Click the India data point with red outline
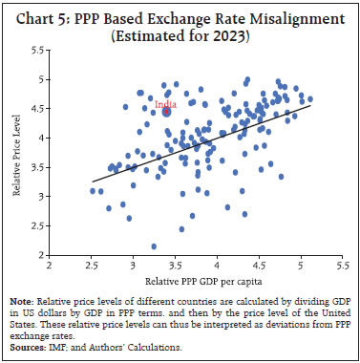coord(166,112)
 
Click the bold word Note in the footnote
coord(30,303)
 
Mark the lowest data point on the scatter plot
coord(154,246)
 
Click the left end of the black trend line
coord(92,181)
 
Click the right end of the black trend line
coord(310,105)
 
